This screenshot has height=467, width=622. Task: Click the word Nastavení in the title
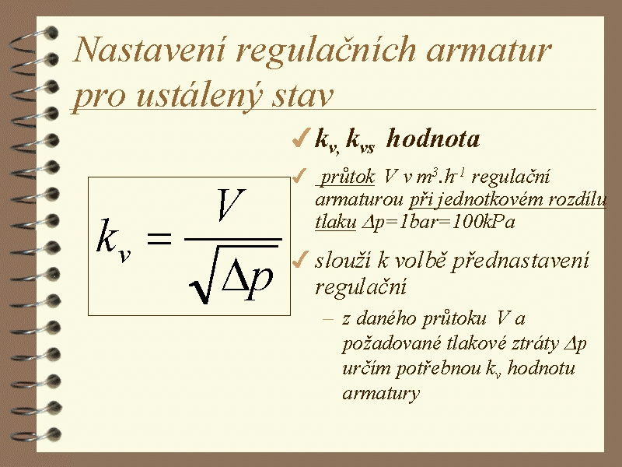[150, 50]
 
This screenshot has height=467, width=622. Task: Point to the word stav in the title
[302, 97]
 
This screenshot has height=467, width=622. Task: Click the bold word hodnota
[433, 139]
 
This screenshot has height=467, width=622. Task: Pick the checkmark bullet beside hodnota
[300, 139]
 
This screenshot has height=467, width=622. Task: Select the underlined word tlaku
[336, 222]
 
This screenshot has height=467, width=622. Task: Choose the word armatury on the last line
[381, 393]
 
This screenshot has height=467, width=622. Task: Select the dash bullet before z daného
[328, 318]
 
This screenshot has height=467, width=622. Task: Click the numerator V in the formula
[231, 205]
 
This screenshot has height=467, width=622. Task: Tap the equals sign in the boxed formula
[159, 238]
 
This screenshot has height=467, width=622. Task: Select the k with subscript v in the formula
[114, 241]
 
